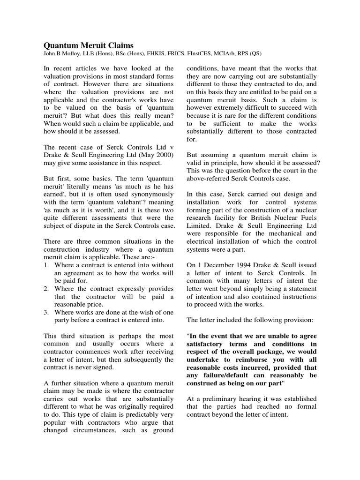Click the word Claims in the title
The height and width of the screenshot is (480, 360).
coord(120,45)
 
